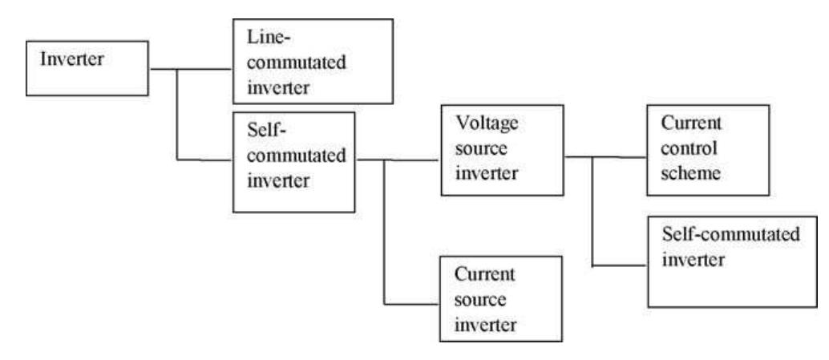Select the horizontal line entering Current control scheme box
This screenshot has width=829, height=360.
click(620, 158)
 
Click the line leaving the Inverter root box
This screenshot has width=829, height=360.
click(163, 69)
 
